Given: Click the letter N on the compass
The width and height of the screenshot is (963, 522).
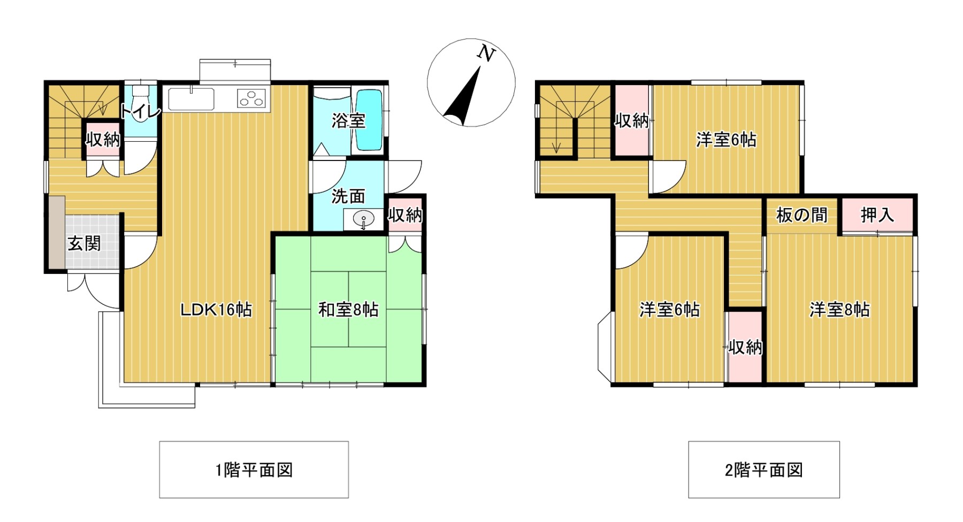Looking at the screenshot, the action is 486,53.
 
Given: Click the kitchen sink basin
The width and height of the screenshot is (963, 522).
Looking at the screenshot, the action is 192,99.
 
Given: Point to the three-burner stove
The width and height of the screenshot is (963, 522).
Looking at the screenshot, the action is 251,98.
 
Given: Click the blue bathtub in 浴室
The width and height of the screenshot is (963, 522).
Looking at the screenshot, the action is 369,120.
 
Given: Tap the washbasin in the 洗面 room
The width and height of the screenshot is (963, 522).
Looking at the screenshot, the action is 364,219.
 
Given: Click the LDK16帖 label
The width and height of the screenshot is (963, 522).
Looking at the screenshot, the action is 216,310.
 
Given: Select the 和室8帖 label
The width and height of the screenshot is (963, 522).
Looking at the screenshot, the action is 348,309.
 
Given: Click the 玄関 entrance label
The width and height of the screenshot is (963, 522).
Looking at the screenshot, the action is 84,243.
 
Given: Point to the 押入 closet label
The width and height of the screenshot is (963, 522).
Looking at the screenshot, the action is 877,215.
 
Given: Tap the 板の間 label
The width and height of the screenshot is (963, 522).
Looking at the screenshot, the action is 801,215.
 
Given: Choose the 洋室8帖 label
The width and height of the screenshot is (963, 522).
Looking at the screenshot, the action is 839,310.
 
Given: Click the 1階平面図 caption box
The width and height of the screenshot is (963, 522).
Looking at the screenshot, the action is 254,470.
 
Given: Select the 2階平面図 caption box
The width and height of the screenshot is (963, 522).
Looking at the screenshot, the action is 764,470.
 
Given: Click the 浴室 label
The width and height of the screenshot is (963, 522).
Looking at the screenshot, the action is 348,120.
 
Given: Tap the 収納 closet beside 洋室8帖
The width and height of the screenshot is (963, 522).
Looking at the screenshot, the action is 745,347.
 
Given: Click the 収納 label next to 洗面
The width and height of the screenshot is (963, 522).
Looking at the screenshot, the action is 405,215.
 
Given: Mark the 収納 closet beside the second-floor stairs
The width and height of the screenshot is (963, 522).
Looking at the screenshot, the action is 631,120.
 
